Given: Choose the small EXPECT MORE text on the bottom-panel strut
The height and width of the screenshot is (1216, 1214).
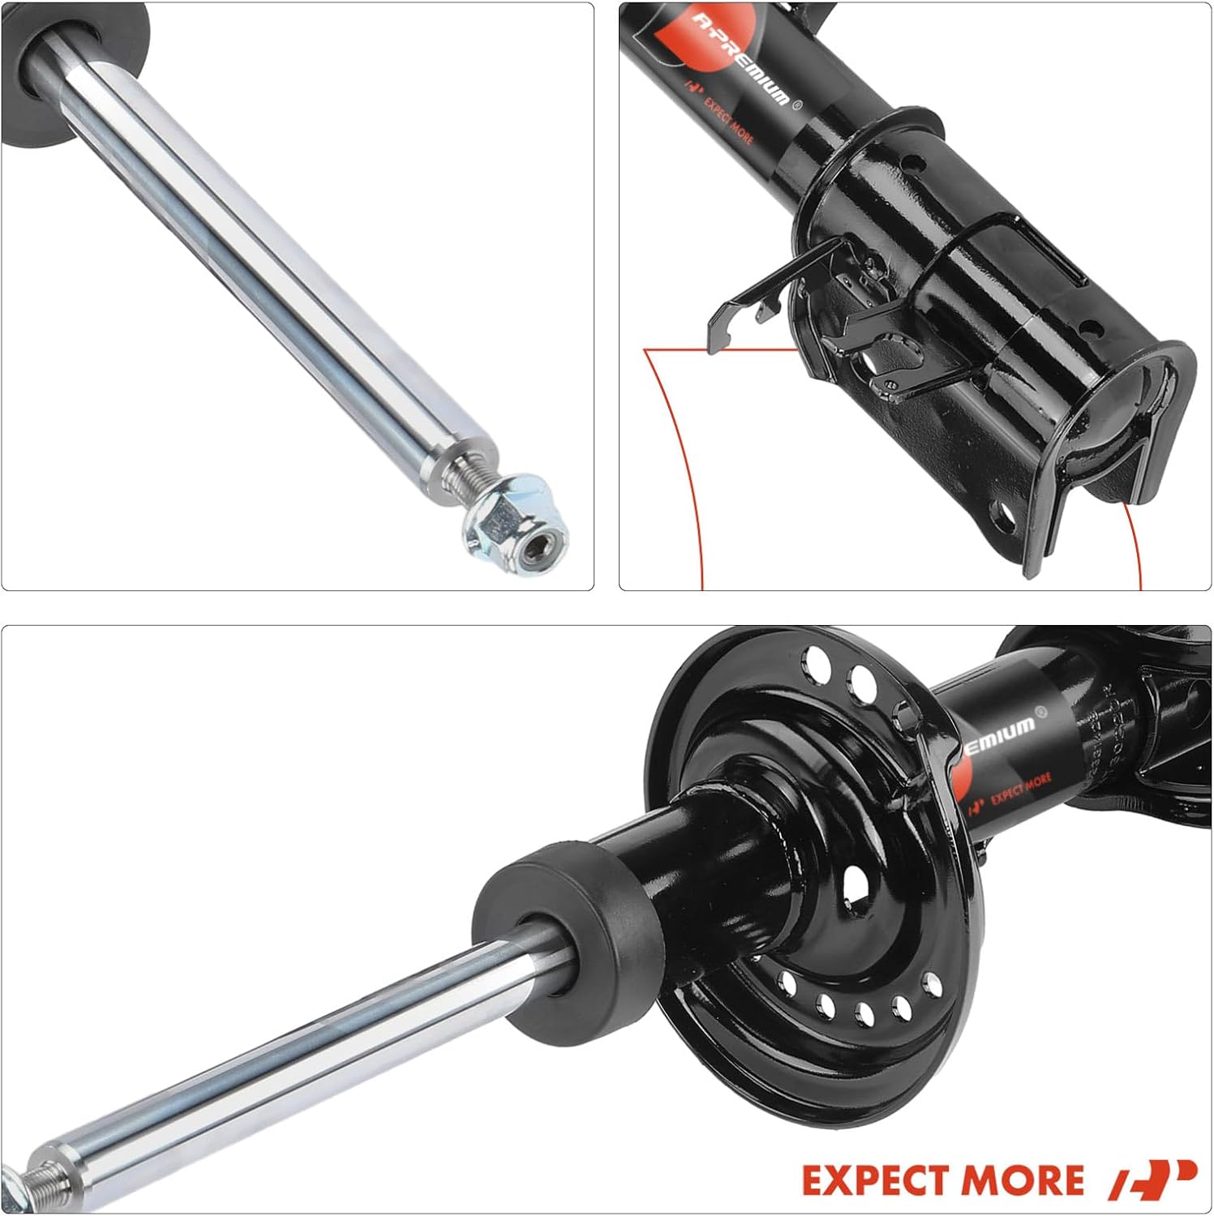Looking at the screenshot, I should click(1020, 787).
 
